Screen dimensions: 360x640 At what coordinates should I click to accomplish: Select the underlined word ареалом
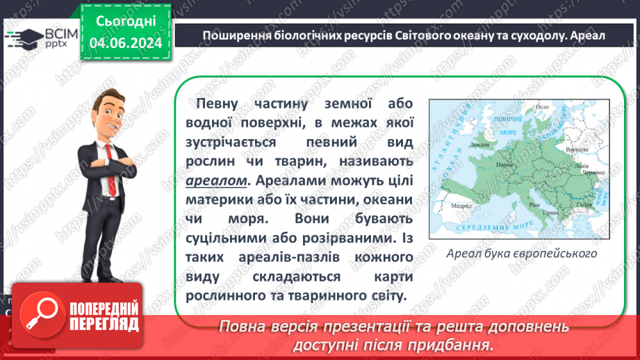pyautogui.click(x=216, y=180)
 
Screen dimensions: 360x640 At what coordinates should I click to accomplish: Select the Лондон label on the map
pyautogui.click(x=479, y=146)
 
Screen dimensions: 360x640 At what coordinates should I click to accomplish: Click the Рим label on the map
pyautogui.click(x=534, y=205)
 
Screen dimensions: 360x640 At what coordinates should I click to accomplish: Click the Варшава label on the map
pyautogui.click(x=577, y=149)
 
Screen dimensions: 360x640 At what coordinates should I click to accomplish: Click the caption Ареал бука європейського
pyautogui.click(x=523, y=253)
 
